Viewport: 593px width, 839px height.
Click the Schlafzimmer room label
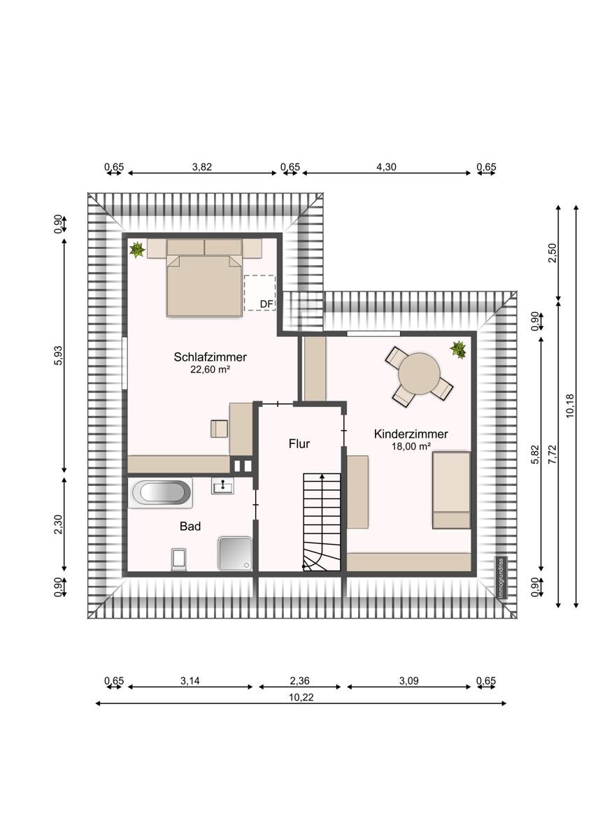coord(210,357)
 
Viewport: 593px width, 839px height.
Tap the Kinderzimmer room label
coord(411,434)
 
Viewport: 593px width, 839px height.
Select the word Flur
coord(299,444)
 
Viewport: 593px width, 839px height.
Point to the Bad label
coord(190,526)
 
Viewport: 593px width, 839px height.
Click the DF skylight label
coord(266,304)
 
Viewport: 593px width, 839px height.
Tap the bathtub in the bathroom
coord(160,492)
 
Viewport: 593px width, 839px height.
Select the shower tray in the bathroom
coord(236,554)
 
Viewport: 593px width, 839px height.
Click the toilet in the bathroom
coord(179,560)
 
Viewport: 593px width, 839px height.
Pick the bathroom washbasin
coord(222,486)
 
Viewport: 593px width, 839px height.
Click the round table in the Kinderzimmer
coord(419,373)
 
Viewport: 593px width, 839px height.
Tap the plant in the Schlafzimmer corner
coord(137,250)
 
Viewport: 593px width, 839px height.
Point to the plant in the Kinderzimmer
coord(458,350)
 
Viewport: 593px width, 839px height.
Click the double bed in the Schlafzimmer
coord(204,285)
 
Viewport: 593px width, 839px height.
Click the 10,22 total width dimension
coord(301,697)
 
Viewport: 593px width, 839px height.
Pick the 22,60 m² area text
coord(210,370)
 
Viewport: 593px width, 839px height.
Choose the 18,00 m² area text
coord(411,447)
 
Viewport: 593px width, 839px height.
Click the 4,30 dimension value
coord(386,166)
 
